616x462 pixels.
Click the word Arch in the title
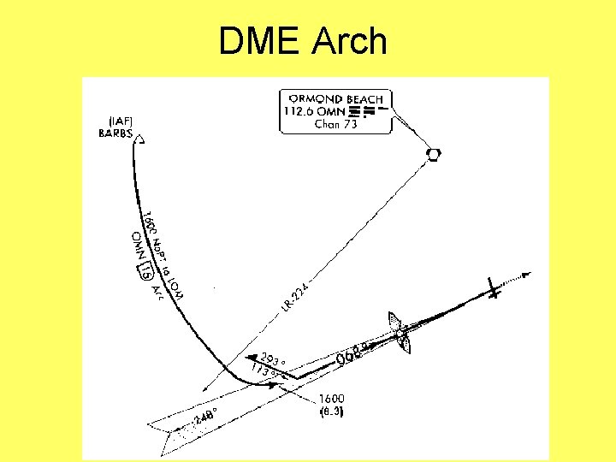[352, 41]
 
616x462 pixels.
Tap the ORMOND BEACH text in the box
[335, 99]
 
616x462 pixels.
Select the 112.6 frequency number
[302, 111]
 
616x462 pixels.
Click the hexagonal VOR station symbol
[435, 153]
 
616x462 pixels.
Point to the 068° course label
[353, 353]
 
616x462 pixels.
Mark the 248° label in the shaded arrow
[206, 417]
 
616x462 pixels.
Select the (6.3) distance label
[331, 412]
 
